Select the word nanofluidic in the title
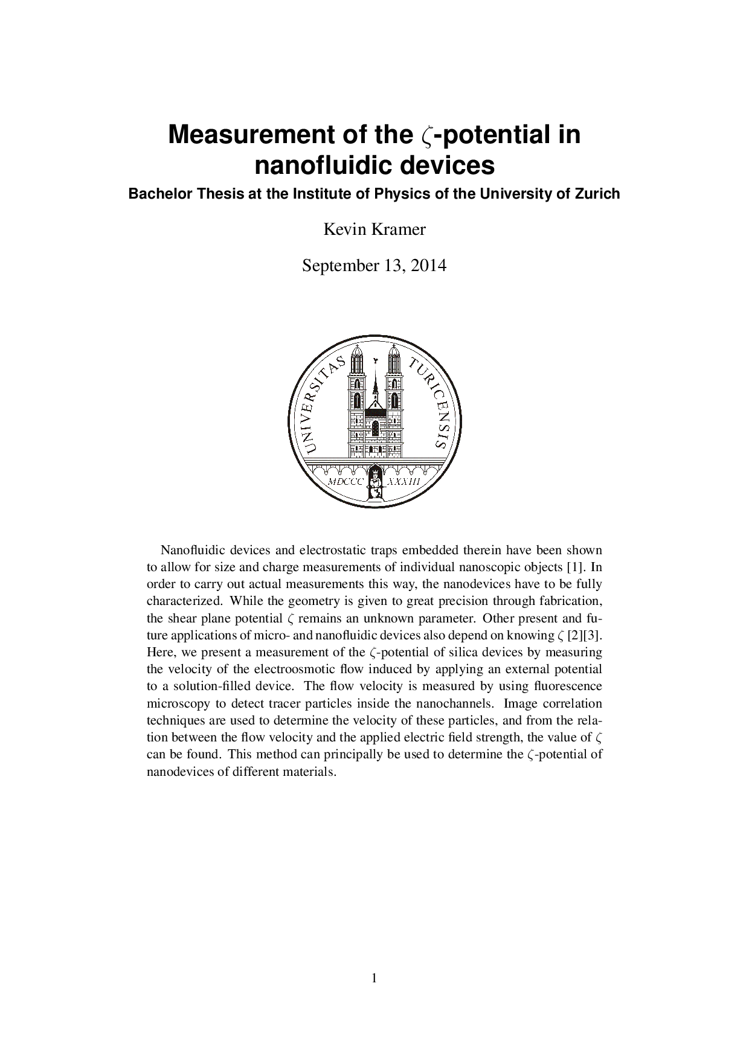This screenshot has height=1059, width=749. point(323,165)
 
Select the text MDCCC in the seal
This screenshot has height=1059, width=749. point(345,482)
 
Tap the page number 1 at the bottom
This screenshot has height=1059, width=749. point(374,979)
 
